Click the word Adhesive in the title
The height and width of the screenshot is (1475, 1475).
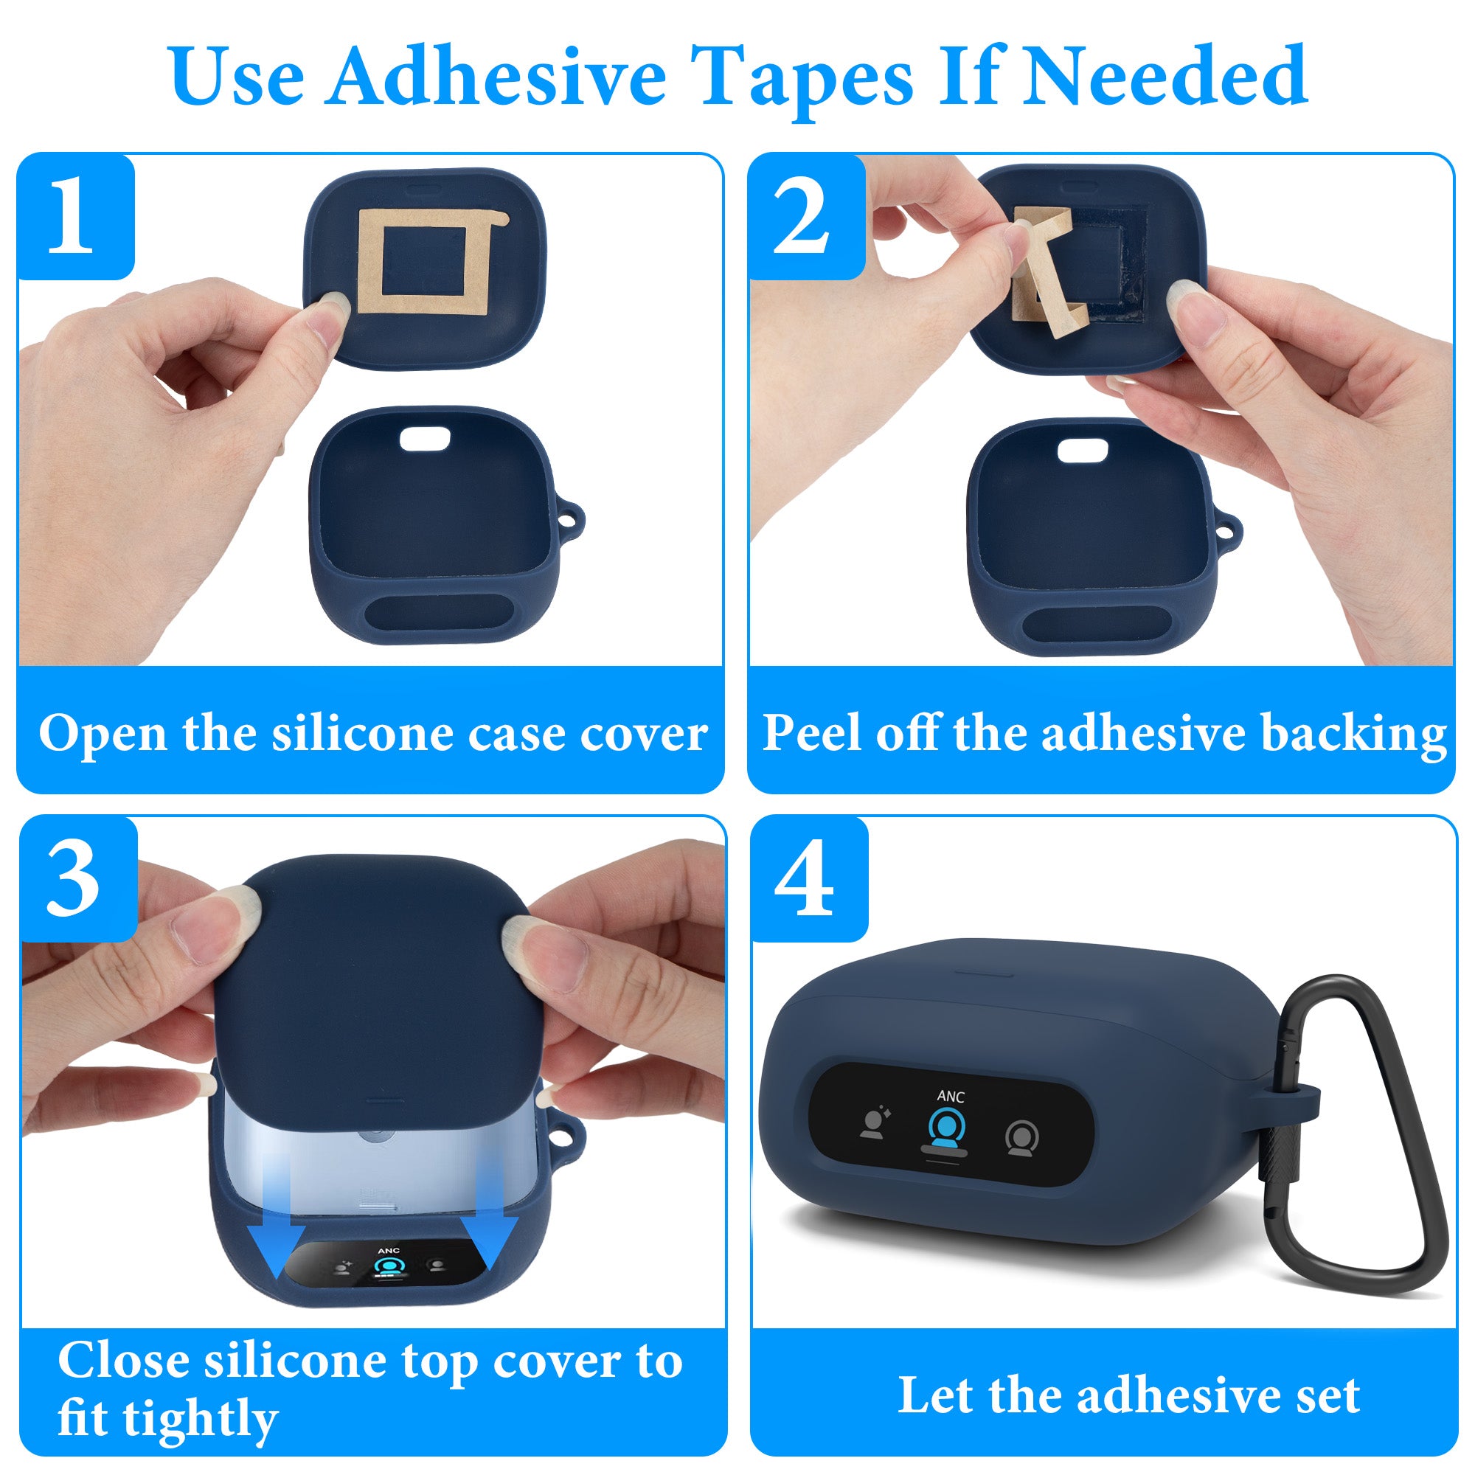click(498, 77)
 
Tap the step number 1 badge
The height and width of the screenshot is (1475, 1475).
click(75, 216)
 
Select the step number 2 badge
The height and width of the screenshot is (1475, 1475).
click(806, 216)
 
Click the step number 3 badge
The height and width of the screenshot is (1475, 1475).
click(79, 879)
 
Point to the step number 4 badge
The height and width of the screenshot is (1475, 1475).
click(809, 879)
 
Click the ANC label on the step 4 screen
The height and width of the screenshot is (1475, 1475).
click(951, 1097)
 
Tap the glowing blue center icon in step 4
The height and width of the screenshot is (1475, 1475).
click(947, 1130)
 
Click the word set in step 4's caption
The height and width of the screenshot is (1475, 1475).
click(1327, 1395)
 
